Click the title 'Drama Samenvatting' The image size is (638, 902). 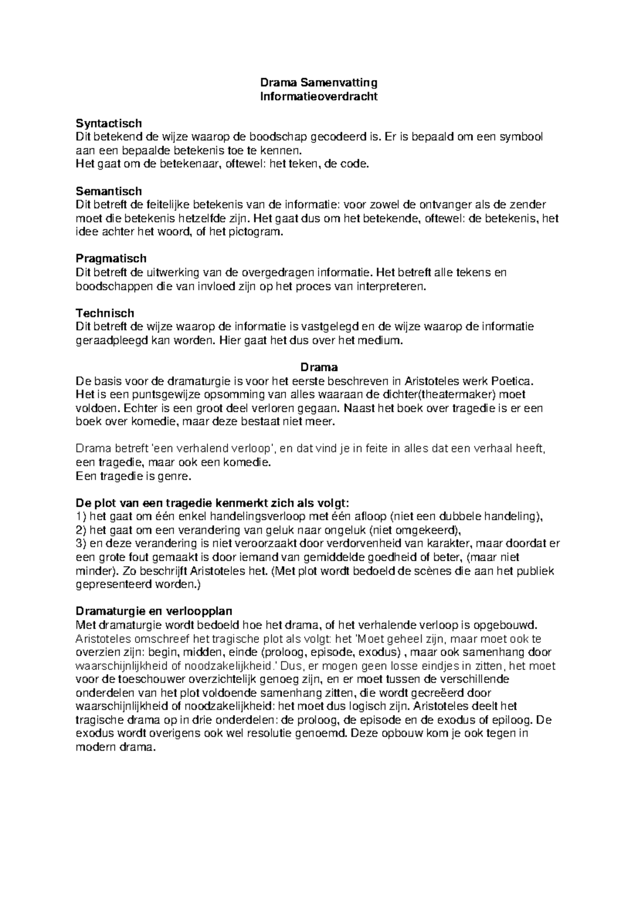click(318, 83)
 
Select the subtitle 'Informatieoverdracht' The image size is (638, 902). click(318, 97)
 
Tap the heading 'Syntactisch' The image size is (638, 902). click(109, 124)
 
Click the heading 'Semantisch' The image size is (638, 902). click(109, 191)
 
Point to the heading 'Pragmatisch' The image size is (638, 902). click(111, 259)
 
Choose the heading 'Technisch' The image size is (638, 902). click(105, 313)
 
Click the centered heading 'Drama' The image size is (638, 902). click(319, 367)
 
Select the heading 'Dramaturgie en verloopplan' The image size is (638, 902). click(154, 610)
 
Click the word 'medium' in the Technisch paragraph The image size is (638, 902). click(381, 341)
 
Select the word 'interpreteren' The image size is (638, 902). click(393, 286)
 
